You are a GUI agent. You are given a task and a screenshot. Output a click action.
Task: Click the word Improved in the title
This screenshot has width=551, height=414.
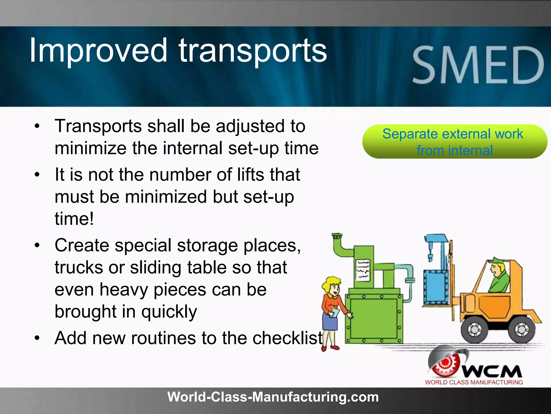(98, 50)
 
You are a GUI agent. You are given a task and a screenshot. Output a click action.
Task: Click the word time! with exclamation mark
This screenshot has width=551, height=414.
(74, 219)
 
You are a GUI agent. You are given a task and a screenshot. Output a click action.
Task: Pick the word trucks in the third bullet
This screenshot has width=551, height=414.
(79, 267)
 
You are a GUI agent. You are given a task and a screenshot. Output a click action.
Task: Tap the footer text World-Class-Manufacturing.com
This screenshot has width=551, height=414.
(273, 397)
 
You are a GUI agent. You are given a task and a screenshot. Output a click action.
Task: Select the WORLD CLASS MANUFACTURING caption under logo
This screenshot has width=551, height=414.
(474, 382)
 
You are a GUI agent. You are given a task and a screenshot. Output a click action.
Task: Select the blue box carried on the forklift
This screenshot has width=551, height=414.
(436, 287)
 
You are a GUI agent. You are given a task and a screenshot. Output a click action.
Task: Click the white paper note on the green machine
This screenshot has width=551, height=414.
(363, 270)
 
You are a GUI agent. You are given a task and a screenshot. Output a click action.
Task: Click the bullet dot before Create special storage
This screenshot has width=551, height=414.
(37, 245)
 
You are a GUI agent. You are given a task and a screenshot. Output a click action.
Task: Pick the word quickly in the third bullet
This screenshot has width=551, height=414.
(169, 312)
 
